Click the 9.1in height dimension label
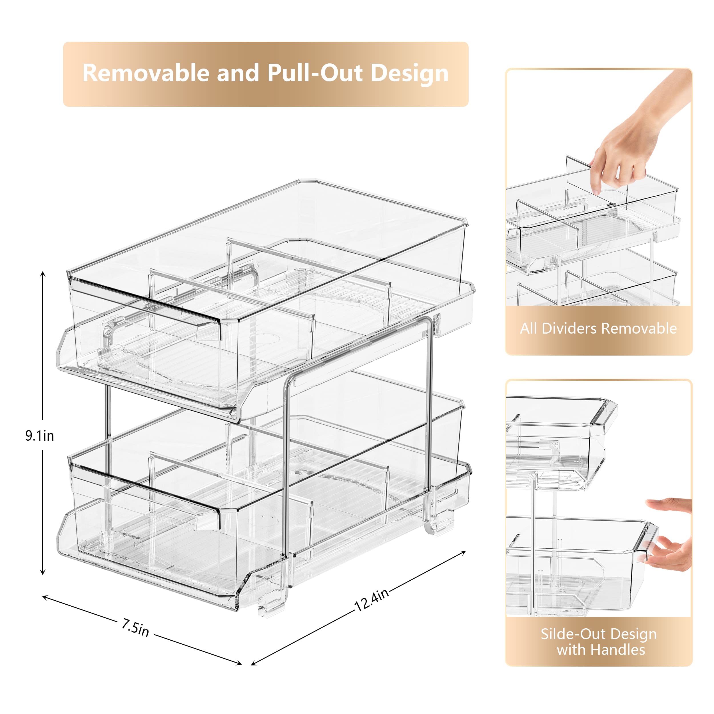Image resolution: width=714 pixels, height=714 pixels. click(x=39, y=436)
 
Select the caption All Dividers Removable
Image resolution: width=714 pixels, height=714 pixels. click(x=598, y=328)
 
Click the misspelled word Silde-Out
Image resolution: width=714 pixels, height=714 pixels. click(x=570, y=634)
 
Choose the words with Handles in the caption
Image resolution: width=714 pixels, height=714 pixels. click(x=601, y=650)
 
